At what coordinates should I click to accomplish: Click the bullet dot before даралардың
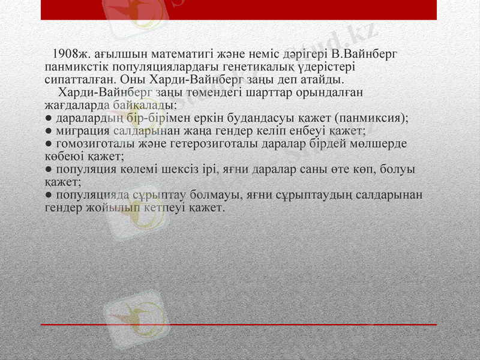(x=48, y=118)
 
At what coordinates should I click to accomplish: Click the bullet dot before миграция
(x=48, y=130)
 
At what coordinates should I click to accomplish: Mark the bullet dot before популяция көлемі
(x=48, y=170)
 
